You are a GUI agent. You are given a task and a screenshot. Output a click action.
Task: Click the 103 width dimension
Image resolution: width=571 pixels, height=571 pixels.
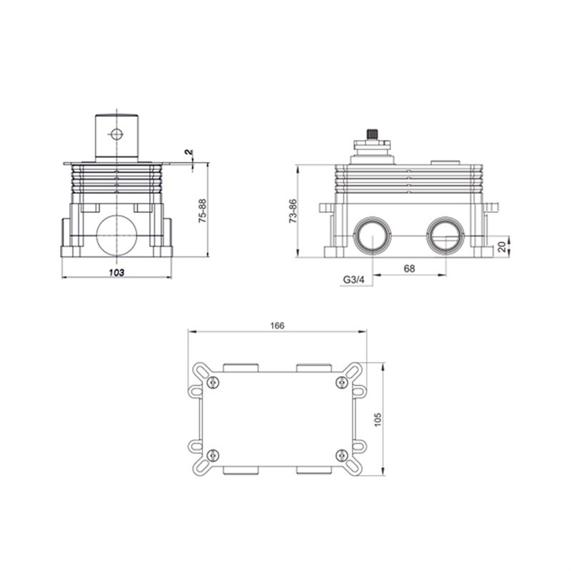[x=116, y=273]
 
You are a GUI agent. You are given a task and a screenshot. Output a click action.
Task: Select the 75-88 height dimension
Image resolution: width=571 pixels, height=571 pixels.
[x=202, y=211]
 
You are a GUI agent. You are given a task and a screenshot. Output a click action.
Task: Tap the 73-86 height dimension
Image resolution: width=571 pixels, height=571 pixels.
[x=293, y=211]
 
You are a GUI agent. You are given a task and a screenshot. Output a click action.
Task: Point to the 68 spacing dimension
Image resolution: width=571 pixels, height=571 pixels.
[x=409, y=268]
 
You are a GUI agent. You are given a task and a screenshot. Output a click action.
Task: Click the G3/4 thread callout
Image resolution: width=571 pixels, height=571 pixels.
[x=353, y=280]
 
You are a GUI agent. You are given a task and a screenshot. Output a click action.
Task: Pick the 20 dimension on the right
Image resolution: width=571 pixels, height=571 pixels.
[x=502, y=246]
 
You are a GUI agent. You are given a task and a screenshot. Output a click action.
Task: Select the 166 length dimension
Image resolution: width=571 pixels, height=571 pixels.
[x=277, y=325]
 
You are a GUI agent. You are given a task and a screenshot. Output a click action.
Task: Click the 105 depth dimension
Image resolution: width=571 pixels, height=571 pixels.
[x=378, y=420]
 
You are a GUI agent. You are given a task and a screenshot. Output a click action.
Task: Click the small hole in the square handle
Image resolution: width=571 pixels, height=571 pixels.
[x=116, y=134]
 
